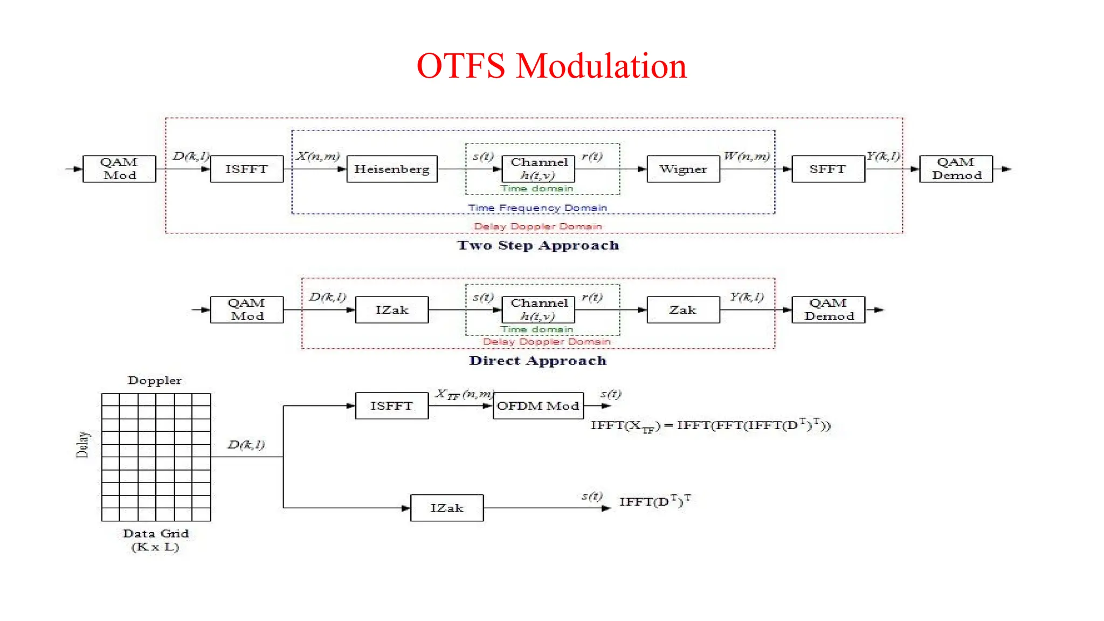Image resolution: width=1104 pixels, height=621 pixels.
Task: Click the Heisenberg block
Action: (x=392, y=169)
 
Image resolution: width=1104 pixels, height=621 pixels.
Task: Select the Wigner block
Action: (x=683, y=169)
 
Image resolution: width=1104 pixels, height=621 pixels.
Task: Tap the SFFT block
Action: (x=828, y=169)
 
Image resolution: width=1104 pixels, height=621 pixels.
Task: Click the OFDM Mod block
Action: (x=538, y=406)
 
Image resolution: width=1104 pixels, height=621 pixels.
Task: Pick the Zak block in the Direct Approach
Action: (x=683, y=310)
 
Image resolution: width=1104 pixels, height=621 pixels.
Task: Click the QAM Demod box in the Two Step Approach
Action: (x=956, y=169)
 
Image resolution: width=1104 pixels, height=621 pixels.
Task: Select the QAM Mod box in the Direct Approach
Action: (x=247, y=310)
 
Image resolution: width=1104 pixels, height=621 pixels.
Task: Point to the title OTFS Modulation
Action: (x=551, y=66)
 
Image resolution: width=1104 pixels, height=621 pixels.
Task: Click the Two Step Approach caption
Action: (x=538, y=245)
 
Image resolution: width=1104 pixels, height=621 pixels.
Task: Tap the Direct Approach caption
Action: (x=538, y=361)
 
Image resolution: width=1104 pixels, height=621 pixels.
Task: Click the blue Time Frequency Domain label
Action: (x=537, y=208)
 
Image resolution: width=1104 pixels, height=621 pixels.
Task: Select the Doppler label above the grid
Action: (x=155, y=381)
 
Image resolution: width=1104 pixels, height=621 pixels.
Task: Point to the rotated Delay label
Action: (x=82, y=445)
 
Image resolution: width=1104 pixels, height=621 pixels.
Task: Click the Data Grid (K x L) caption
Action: (x=155, y=540)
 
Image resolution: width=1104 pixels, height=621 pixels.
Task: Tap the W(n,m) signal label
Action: (x=747, y=156)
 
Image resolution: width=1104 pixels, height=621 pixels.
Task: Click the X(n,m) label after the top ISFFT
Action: (x=318, y=156)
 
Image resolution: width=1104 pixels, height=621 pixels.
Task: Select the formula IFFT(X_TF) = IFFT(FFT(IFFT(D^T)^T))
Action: (x=710, y=426)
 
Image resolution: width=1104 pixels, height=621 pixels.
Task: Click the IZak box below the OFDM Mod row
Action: (x=447, y=508)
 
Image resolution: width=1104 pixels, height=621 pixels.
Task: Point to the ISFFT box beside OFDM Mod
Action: (x=392, y=406)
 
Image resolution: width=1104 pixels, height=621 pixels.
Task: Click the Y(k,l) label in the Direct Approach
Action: (x=747, y=297)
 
